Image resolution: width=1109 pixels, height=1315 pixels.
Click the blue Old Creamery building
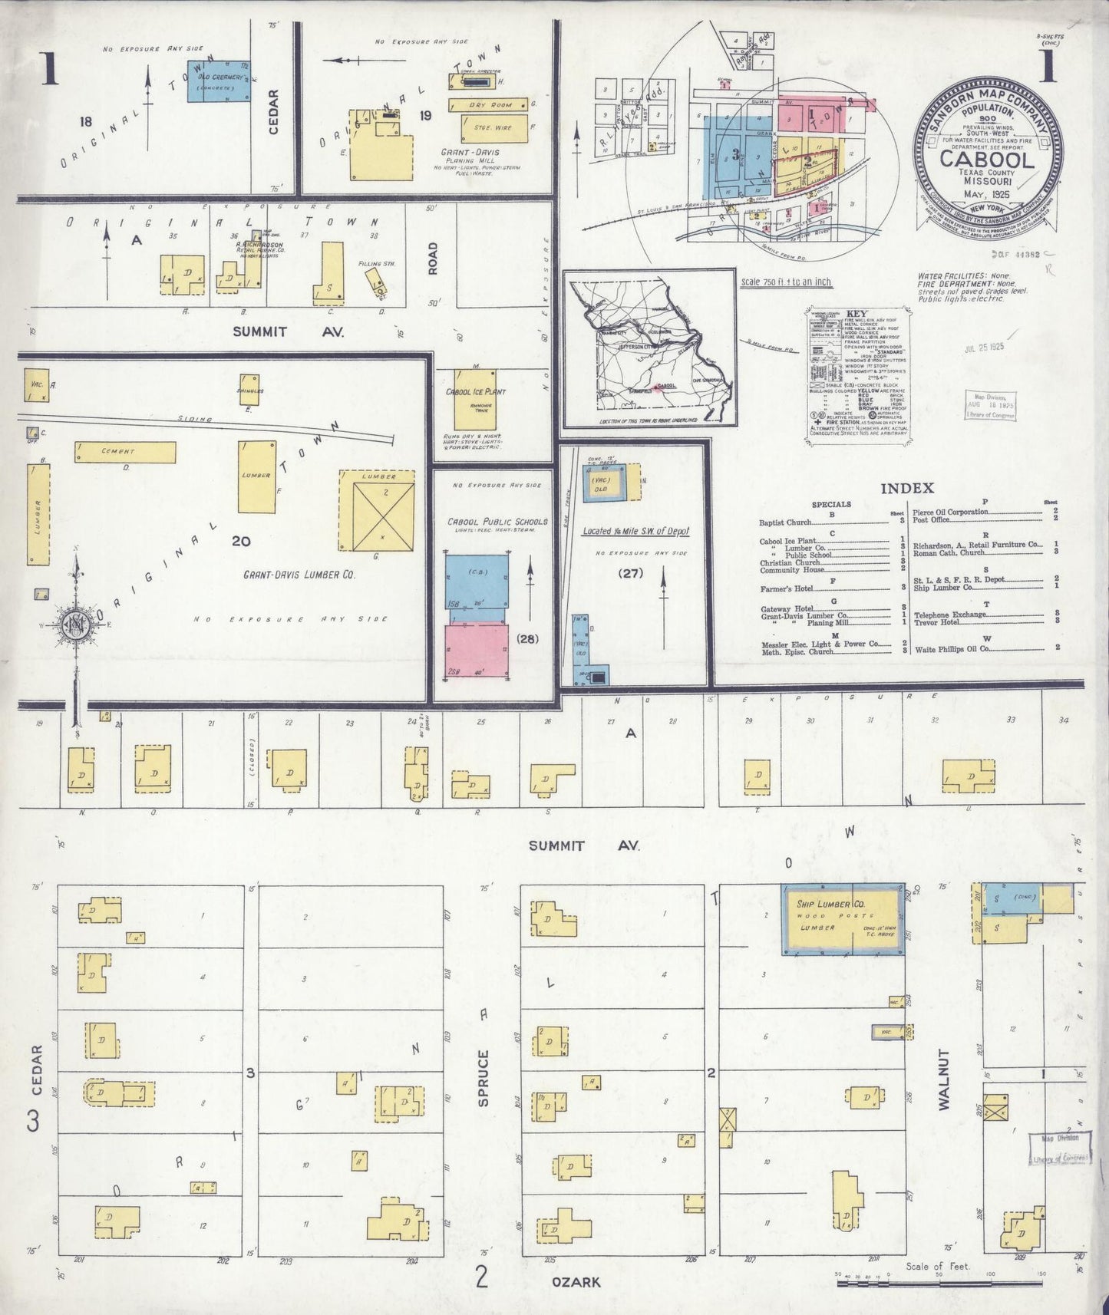218,78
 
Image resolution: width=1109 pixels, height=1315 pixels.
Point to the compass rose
76,621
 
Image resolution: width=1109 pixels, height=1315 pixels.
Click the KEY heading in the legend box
857,314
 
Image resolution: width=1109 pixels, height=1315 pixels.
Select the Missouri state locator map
650,349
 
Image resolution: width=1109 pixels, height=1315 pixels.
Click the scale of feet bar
940,1282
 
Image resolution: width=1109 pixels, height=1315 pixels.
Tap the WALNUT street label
943,1079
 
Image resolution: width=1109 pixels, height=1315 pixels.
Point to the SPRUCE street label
483,1078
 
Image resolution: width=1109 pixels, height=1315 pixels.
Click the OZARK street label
576,1282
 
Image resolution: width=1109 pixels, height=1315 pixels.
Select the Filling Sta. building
376,282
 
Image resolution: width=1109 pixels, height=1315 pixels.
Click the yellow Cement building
124,453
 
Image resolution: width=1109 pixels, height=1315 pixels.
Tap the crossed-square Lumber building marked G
376,511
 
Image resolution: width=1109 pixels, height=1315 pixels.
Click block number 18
85,120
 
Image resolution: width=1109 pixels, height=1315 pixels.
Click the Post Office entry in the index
931,519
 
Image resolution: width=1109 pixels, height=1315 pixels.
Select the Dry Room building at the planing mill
489,104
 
